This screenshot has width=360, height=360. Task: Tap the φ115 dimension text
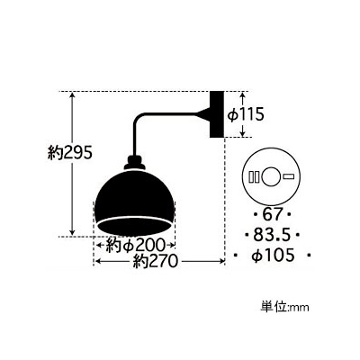point(246,114)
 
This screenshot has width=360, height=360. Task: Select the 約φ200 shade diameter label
point(135,246)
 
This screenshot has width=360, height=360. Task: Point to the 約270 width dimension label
point(156,261)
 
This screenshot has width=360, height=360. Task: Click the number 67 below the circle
point(273,215)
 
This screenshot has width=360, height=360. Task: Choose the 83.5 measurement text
point(272,235)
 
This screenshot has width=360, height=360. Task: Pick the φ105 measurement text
point(273,256)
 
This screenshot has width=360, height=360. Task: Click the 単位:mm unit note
point(284,307)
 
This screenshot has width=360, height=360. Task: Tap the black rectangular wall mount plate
point(217,114)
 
